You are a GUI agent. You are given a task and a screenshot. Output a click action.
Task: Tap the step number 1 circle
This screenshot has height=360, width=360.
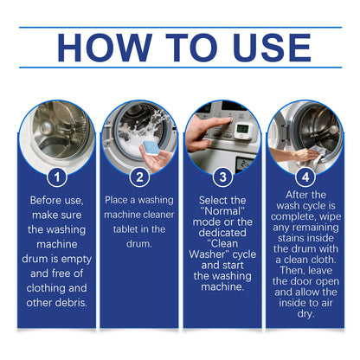click(55, 177)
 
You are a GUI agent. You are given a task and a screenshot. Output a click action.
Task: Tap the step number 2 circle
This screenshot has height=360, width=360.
click(139, 177)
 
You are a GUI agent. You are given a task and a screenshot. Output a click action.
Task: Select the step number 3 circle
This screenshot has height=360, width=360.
click(222, 177)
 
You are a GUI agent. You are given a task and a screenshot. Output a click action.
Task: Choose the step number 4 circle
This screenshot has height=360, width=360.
click(304, 177)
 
